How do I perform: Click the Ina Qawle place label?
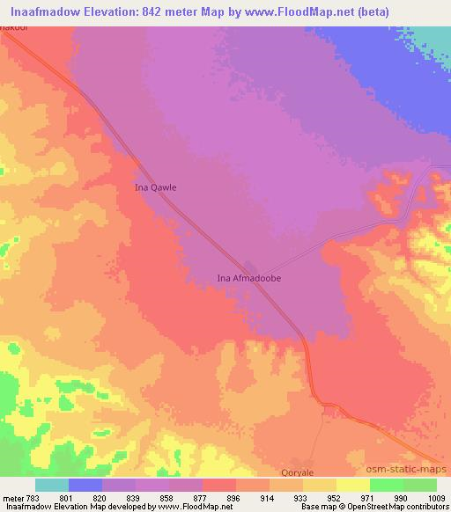[x=154, y=187]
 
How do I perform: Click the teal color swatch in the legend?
[x=52, y=485]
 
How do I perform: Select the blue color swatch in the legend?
[x=85, y=485]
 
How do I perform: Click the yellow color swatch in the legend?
[x=353, y=485]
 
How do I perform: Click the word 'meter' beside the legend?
[x=14, y=497]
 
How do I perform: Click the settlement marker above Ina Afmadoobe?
[x=252, y=267]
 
